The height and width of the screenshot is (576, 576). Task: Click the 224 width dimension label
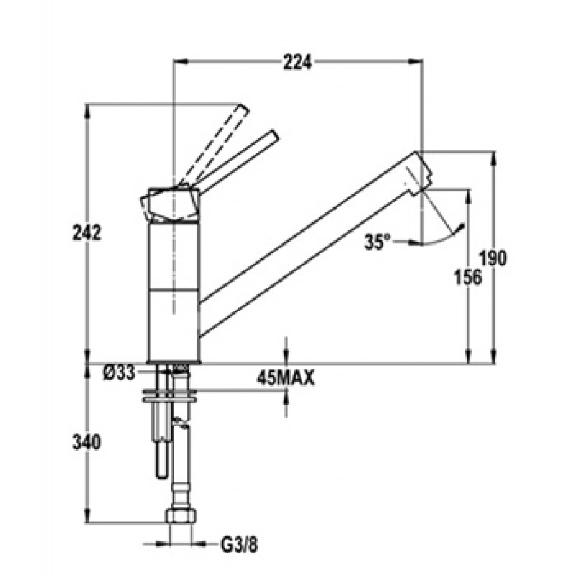click(x=297, y=63)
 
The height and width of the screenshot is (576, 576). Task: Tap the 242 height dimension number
click(x=86, y=233)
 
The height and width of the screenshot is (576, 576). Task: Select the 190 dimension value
click(x=493, y=258)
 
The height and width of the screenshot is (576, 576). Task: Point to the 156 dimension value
click(x=467, y=277)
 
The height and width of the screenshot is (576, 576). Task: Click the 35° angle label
click(x=377, y=242)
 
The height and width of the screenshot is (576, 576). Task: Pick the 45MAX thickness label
click(x=286, y=377)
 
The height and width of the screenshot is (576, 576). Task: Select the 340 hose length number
click(x=86, y=442)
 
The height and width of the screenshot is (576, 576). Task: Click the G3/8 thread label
click(x=239, y=546)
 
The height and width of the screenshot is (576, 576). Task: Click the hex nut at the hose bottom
click(x=181, y=515)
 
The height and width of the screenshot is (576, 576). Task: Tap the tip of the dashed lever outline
click(x=243, y=109)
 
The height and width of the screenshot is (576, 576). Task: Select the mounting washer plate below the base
click(x=170, y=395)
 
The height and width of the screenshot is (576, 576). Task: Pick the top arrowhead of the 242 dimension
click(x=86, y=112)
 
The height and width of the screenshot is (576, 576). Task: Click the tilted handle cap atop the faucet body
click(x=170, y=205)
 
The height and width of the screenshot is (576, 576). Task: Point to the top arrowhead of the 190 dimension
click(x=493, y=158)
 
